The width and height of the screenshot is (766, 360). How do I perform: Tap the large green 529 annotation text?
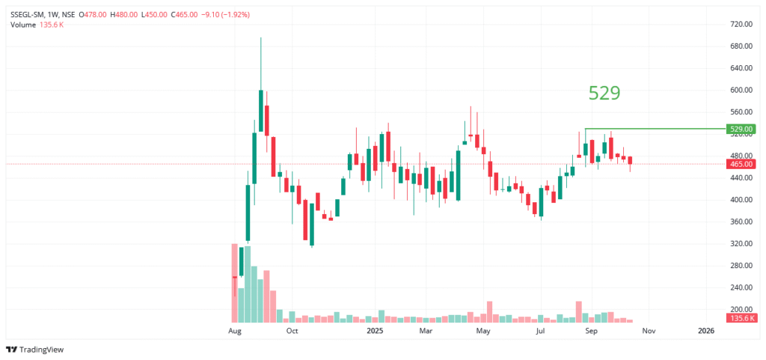pyautogui.click(x=604, y=93)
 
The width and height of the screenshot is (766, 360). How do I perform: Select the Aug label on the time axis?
pyautogui.click(x=235, y=330)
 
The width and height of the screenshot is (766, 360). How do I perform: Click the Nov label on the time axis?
pyautogui.click(x=649, y=330)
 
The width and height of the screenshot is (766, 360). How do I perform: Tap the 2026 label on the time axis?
pyautogui.click(x=706, y=330)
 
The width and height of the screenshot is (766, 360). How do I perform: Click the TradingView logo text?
pyautogui.click(x=42, y=350)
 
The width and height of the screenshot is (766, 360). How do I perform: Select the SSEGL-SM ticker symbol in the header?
pyautogui.click(x=29, y=14)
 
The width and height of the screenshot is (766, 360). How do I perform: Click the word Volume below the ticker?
pyautogui.click(x=22, y=25)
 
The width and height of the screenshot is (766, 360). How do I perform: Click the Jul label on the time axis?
pyautogui.click(x=539, y=330)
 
